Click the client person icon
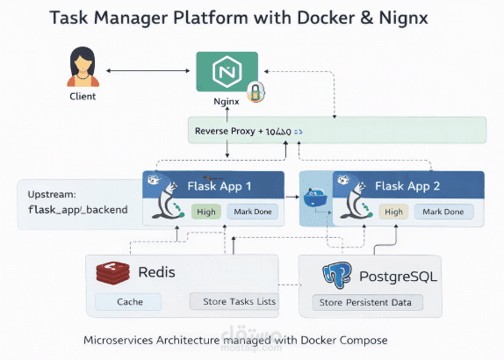click(82, 68)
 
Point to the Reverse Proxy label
click(226, 131)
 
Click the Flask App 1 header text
click(220, 185)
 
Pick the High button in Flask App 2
click(393, 212)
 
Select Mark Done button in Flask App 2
click(443, 212)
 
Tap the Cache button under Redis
click(129, 302)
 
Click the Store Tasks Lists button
click(233, 302)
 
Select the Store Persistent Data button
click(367, 303)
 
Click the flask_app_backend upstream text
click(72, 211)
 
